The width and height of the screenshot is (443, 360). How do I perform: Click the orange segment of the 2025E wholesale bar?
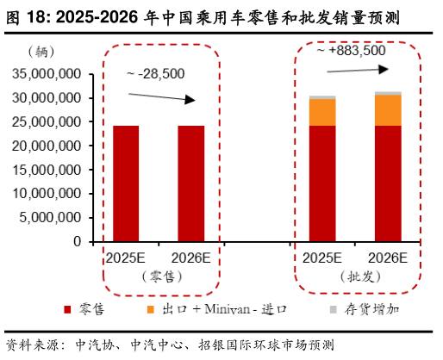point(322,112)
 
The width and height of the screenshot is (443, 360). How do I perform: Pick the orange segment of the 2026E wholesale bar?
point(387,109)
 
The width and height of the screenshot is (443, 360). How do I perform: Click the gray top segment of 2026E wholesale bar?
point(387,92)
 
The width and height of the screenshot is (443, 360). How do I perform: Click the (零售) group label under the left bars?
point(159,276)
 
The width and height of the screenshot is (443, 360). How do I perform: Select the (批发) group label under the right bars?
point(354,276)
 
